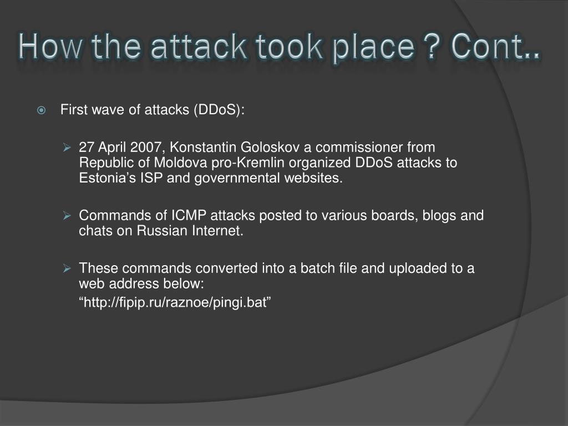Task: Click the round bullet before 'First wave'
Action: (x=42, y=110)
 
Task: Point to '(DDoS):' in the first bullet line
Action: (x=219, y=110)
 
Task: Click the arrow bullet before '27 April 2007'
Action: (x=67, y=148)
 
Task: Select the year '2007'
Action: (x=146, y=148)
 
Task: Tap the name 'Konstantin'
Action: (x=202, y=148)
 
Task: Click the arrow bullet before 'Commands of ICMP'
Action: (x=67, y=215)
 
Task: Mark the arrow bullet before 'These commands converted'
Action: (x=67, y=268)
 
